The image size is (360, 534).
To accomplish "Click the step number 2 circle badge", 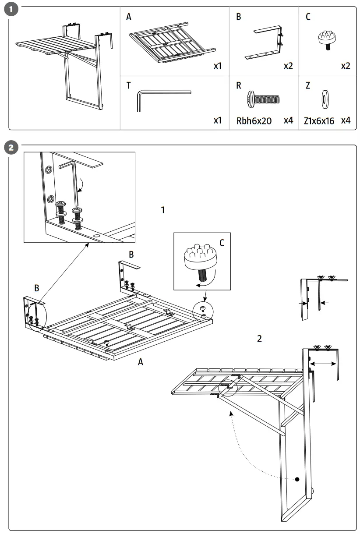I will coord(13,148).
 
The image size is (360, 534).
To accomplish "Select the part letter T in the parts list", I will coord(128,85).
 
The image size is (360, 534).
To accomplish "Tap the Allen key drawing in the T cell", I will coord(162,97).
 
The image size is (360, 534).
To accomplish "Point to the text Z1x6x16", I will coord(319,120).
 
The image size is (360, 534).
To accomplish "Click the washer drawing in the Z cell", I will coord(326,99).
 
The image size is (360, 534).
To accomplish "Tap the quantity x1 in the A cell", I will coord(218,66).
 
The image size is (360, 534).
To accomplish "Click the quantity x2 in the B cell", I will coord(288,66).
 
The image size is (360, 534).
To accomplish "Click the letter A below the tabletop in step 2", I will coord(140,362).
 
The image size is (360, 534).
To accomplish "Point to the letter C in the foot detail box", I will coord(222,242).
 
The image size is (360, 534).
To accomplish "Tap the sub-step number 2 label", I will coord(260,338).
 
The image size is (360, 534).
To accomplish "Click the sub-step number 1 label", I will coord(163,210).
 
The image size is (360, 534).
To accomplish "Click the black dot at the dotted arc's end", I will coord(297,479).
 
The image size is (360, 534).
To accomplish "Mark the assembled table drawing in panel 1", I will coord(66,61).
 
